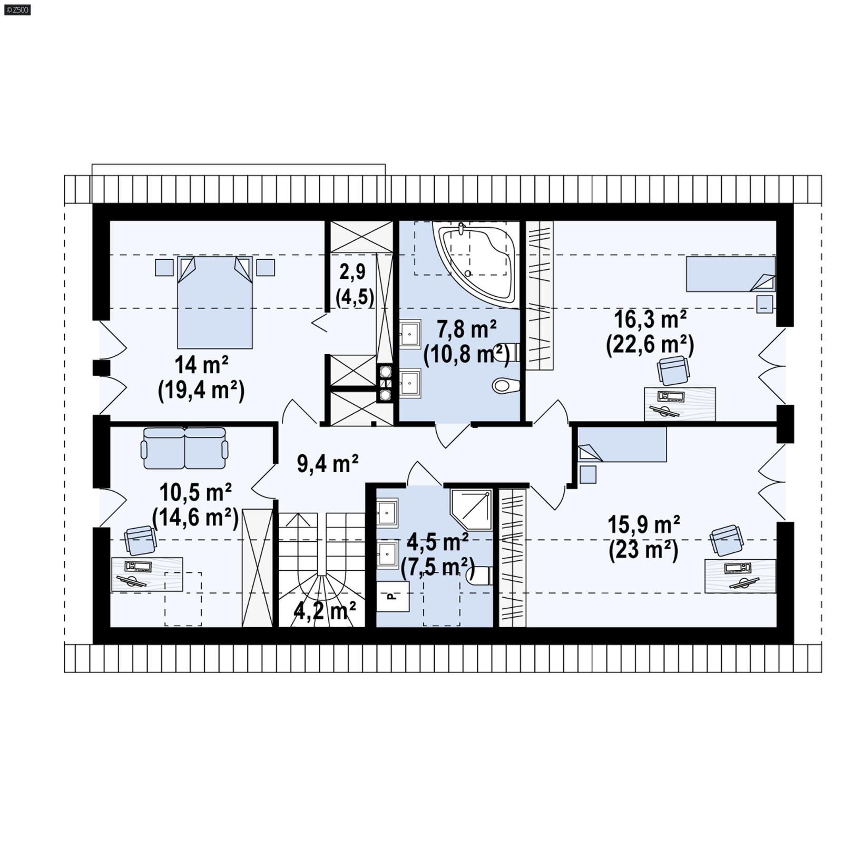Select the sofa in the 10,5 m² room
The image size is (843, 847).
[184, 448]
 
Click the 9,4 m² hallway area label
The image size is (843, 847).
[328, 463]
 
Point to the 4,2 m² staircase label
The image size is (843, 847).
[325, 611]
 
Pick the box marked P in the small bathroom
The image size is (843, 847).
[393, 596]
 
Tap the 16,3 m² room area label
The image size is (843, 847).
[650, 319]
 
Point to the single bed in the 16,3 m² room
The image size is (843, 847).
[730, 274]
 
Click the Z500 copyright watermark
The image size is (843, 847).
[17, 9]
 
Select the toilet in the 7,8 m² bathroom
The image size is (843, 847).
[506, 386]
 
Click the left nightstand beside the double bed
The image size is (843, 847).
[164, 267]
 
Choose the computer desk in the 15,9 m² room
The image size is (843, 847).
[740, 576]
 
